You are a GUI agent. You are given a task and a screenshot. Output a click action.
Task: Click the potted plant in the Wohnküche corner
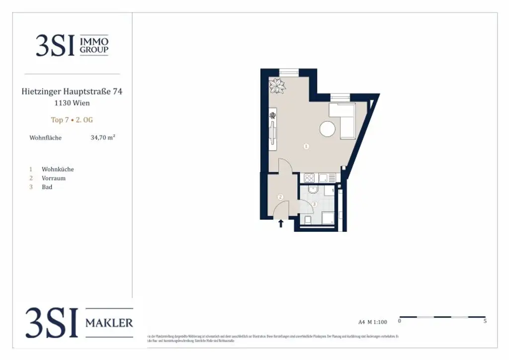277,86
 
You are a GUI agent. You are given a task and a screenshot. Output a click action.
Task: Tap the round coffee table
327,129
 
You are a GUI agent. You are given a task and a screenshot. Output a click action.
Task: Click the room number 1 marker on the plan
306,146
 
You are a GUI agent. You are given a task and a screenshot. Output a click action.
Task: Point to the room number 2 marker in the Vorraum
280,197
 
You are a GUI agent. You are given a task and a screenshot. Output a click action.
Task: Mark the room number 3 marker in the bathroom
314,204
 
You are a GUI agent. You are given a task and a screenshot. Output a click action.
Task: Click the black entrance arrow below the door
281,224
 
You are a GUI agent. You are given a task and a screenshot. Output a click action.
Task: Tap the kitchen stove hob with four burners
309,178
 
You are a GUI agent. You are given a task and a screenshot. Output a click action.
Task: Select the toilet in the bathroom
308,219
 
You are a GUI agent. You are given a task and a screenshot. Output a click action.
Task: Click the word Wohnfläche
46,138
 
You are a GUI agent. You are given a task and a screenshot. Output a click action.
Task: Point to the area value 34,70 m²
103,137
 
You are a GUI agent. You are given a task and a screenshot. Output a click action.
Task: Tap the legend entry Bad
47,187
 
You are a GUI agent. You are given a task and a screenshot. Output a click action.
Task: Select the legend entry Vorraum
54,178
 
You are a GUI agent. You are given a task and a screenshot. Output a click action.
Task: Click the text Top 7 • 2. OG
72,120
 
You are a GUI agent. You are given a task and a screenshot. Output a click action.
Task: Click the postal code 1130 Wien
72,103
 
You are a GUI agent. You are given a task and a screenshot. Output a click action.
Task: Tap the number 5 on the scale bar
485,321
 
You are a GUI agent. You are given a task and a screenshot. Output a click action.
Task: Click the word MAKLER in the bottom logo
109,323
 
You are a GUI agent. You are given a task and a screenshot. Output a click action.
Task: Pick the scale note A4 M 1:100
372,322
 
